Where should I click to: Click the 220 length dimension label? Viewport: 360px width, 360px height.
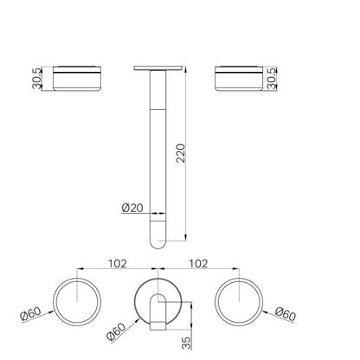coord(181,153)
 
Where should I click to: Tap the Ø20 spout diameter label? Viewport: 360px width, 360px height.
coord(132,208)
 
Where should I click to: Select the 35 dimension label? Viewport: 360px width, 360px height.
coord(187,343)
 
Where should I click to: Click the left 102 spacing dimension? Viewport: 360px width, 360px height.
coord(117,264)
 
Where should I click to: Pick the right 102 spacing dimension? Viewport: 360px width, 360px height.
coord(198,264)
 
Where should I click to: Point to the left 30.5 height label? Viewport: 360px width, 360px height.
coord(37,79)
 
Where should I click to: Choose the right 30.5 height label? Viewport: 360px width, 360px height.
coord(272,79)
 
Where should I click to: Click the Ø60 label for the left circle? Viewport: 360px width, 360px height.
coord(30,313)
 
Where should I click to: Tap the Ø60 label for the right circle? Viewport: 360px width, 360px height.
coord(286,314)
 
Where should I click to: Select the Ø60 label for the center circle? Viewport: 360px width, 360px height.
coord(116,332)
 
